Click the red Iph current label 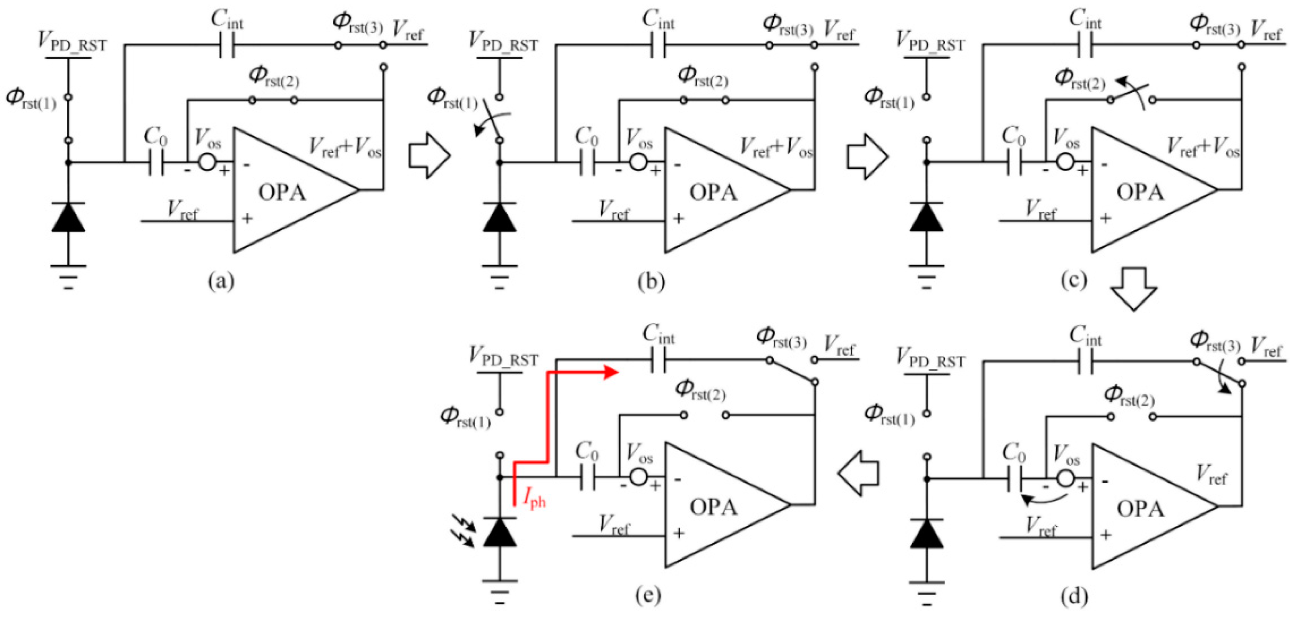point(534,499)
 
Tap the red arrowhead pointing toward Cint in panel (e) point(610,372)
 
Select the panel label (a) point(221,281)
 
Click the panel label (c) point(1073,281)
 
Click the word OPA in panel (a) point(282,193)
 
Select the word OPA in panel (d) point(1141,509)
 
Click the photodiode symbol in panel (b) point(500,218)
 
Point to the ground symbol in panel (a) point(69,276)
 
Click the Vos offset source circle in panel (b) point(638,162)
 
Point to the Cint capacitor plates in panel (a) point(227,45)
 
